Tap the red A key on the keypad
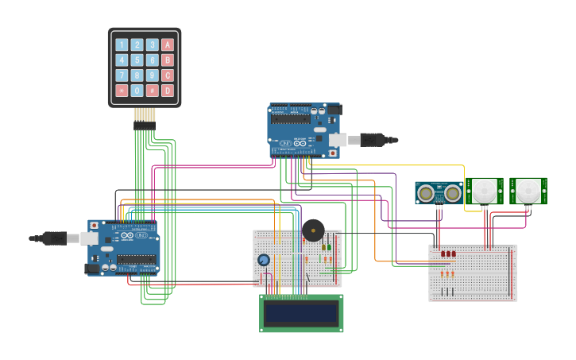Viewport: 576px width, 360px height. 168,45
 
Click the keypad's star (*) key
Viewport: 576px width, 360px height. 122,91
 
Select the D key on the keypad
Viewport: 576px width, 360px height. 168,91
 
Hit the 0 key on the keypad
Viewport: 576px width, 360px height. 137,91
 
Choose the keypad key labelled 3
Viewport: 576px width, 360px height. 153,45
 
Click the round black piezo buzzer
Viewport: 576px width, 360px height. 313,230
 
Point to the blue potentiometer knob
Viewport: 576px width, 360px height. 264,260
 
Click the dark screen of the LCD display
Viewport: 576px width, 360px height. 301,313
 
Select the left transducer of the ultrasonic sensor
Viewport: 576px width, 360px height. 427,192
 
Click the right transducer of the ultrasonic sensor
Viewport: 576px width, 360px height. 452,192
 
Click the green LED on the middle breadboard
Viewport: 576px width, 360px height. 329,248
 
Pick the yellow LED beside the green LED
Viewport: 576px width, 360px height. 323,248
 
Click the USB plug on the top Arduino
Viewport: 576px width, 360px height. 370,141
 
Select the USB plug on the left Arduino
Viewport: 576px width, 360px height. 55,238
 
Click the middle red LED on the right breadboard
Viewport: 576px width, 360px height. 448,254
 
